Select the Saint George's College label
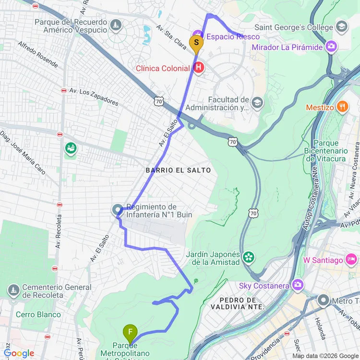(x=293, y=27)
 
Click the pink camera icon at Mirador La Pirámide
(x=331, y=47)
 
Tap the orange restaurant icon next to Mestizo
(x=342, y=107)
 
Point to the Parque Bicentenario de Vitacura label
(x=332, y=151)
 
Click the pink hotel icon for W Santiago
(x=352, y=260)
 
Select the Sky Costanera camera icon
(x=298, y=286)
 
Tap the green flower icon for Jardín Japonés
(x=248, y=257)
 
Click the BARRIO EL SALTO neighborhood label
(x=179, y=170)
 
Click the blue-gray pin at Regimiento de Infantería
(x=117, y=210)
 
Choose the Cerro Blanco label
(x=38, y=314)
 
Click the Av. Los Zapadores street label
(x=94, y=96)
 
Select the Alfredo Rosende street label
(x=38, y=54)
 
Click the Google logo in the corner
(x=18, y=353)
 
